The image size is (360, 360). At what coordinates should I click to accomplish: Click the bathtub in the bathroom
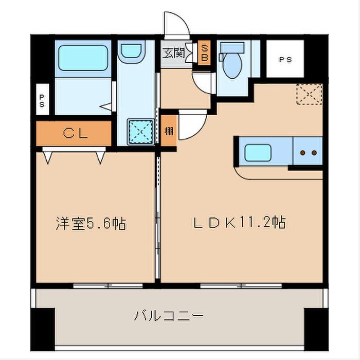(83, 58)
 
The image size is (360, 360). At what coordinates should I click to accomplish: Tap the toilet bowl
(232, 65)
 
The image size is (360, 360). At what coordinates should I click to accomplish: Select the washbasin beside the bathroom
(131, 51)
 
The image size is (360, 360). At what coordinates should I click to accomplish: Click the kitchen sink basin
(258, 153)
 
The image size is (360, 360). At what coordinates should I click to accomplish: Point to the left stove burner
(303, 153)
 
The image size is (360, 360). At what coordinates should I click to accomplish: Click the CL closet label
(75, 133)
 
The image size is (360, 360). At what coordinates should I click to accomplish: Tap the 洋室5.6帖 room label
(91, 223)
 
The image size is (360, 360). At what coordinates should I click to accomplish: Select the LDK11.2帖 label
(239, 222)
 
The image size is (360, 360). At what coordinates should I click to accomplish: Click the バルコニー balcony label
(169, 315)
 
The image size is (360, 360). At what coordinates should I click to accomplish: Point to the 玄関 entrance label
(173, 53)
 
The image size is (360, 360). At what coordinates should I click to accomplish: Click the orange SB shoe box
(204, 53)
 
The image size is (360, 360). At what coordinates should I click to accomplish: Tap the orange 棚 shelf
(169, 131)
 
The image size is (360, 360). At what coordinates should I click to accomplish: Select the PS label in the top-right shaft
(285, 60)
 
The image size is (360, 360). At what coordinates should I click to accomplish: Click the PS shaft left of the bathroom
(43, 99)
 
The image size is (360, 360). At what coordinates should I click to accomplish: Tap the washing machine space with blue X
(141, 132)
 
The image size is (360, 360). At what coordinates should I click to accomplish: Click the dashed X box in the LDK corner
(310, 94)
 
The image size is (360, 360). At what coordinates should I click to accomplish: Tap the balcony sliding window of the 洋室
(108, 286)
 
